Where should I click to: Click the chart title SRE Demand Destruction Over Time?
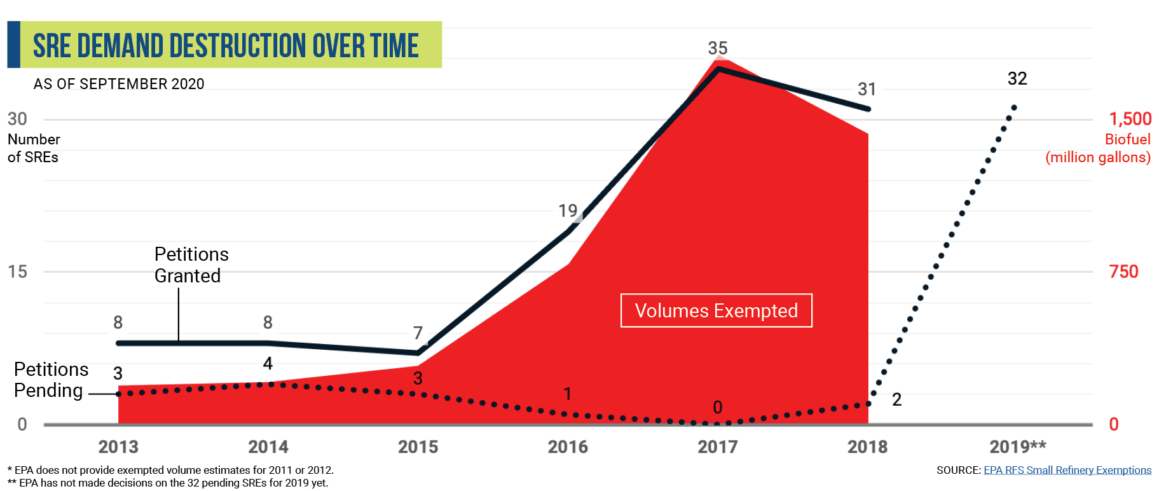(x=226, y=46)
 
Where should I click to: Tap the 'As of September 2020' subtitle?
(x=119, y=84)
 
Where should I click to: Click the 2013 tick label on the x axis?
(x=118, y=447)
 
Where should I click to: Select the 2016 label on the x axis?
(x=568, y=447)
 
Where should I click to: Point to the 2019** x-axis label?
(x=1017, y=446)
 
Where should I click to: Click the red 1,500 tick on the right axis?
(x=1130, y=119)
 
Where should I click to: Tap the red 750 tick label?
(x=1123, y=272)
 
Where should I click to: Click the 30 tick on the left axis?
(x=17, y=119)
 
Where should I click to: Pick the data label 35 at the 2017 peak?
(x=718, y=48)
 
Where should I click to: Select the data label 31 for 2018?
(x=867, y=89)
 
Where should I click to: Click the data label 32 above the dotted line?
(x=1017, y=78)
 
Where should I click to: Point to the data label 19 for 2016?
(x=568, y=211)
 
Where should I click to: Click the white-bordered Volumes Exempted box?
(x=717, y=310)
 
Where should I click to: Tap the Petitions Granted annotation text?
(x=191, y=265)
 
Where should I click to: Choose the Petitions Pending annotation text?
(x=51, y=380)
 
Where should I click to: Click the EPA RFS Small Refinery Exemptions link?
(x=1067, y=470)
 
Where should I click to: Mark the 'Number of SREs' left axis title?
(x=34, y=148)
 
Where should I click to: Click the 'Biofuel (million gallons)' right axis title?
(x=1098, y=148)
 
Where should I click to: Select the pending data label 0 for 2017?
(x=718, y=407)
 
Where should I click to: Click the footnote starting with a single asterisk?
(x=170, y=470)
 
